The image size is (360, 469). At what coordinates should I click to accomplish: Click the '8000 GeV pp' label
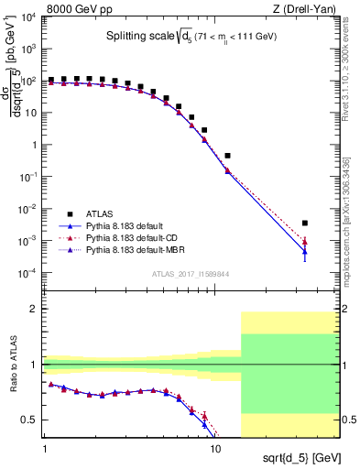[x=74, y=8]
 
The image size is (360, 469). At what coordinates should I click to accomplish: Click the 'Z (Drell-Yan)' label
[x=302, y=8]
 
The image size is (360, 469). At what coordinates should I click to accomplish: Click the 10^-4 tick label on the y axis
[x=27, y=273]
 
